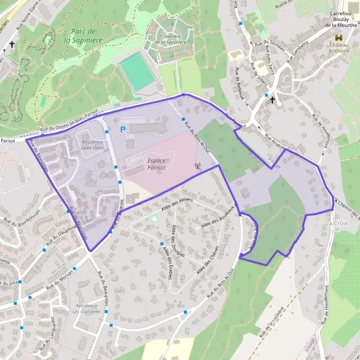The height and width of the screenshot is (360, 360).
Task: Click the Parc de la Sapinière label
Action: tap(83, 35)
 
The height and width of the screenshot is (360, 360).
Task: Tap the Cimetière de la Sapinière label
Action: tap(166, 40)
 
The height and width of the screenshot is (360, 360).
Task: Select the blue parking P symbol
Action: tap(123, 129)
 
